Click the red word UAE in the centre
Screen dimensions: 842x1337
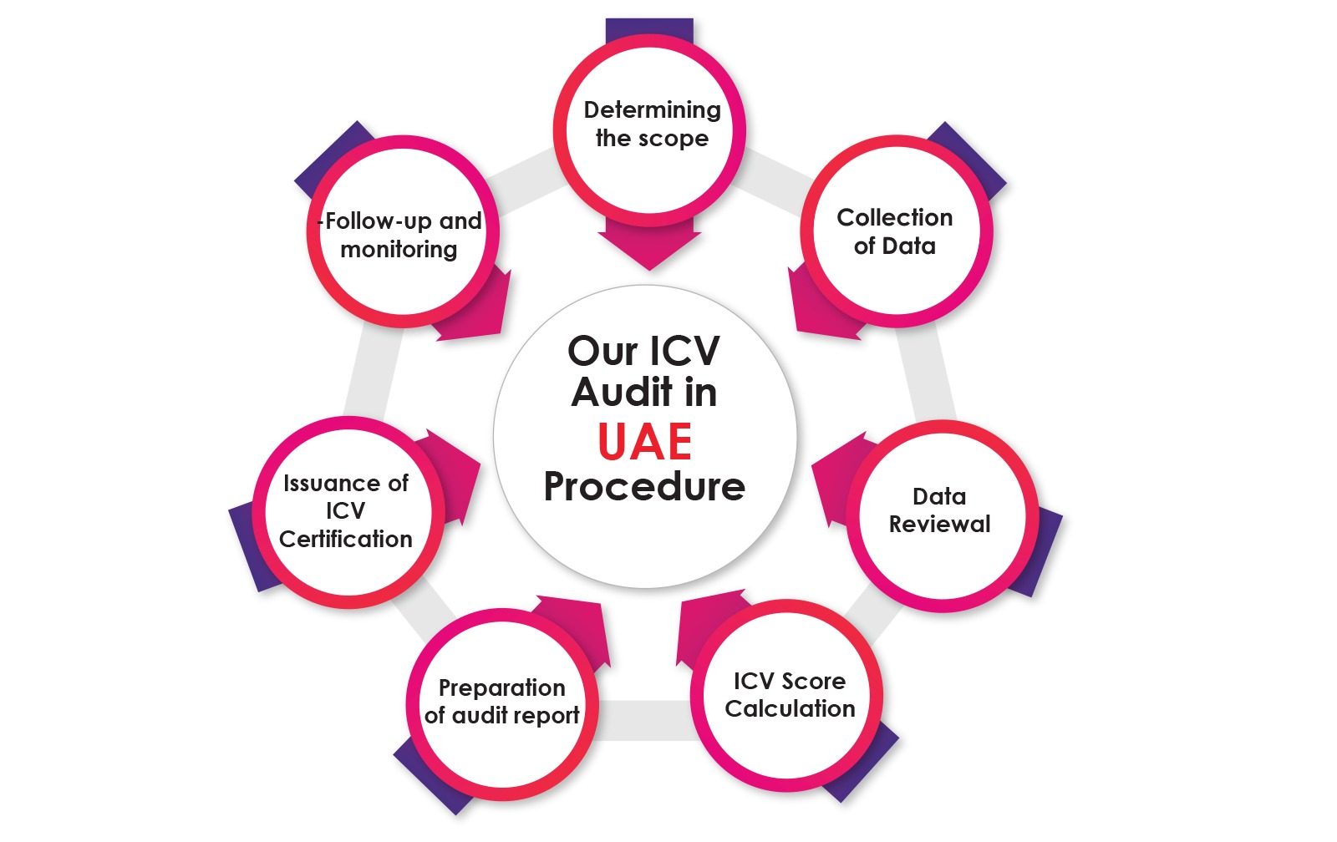(645, 442)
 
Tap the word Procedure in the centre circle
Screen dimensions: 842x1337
(644, 487)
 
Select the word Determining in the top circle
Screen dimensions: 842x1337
(652, 110)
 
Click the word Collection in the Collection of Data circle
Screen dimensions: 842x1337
(894, 217)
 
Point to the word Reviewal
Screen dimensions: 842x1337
(939, 525)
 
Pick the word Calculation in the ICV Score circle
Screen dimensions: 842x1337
(790, 709)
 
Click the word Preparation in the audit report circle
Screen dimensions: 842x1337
(501, 688)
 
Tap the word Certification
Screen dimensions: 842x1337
(345, 540)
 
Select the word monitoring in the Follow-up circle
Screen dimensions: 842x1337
(399, 250)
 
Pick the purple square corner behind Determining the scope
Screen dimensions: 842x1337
(649, 29)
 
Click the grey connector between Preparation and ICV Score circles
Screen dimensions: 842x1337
(643, 720)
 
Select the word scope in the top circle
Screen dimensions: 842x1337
(679, 139)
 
